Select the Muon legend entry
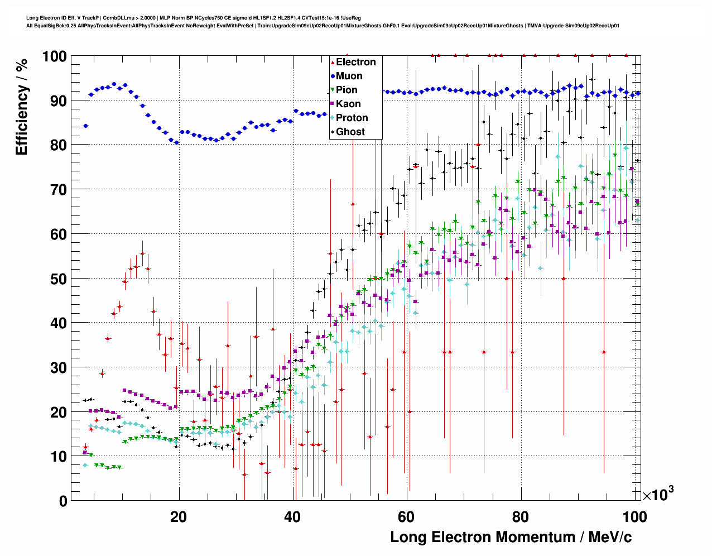pos(349,76)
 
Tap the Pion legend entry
pos(347,90)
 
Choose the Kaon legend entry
pos(348,104)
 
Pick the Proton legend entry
pos(352,118)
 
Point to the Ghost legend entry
pos(350,132)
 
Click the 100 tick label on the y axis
pos(54,56)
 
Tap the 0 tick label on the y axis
pos(63,501)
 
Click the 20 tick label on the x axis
pos(179,517)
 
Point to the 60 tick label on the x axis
pos(406,517)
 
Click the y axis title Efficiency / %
pos(22,107)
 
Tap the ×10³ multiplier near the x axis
pos(658,494)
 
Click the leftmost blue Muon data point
pos(85,126)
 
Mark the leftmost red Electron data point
pos(85,447)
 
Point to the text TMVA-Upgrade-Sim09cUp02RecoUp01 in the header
pos(573,26)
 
